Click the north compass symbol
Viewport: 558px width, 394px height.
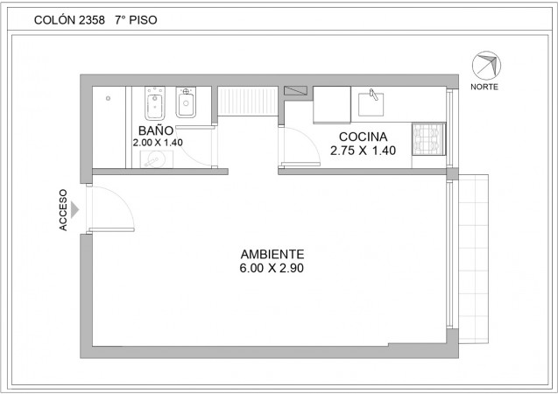[x=486, y=66]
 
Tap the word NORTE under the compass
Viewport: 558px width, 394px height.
[x=484, y=87]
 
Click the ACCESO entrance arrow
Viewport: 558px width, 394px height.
[x=74, y=210]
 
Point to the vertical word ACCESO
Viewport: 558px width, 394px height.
[x=63, y=210]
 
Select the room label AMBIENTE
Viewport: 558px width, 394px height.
[x=272, y=254]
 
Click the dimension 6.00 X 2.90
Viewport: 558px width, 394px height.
[x=272, y=268]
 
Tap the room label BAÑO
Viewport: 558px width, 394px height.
[x=156, y=130]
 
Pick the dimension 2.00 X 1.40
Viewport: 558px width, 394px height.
[x=158, y=143]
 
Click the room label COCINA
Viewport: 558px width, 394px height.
[x=363, y=137]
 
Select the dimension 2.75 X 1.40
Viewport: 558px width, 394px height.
[x=363, y=151]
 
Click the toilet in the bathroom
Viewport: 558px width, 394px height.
[x=155, y=103]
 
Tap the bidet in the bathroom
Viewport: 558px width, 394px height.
[x=186, y=102]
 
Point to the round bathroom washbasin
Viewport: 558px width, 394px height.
[x=156, y=159]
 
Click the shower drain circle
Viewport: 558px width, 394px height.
[x=108, y=98]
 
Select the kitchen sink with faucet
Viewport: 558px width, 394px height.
[x=371, y=103]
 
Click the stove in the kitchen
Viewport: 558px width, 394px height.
[x=429, y=139]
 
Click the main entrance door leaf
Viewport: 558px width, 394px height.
[x=112, y=229]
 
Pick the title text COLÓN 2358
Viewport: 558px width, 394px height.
[x=69, y=20]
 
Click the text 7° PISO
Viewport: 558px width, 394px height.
[x=136, y=20]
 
